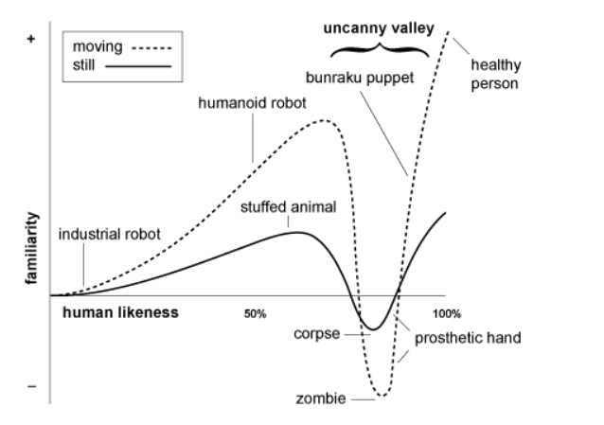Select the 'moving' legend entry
coord(94,45)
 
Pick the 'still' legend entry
coord(86,64)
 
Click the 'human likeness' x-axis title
coord(119,311)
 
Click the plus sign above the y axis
coord(33,39)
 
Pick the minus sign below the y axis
coord(32,385)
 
